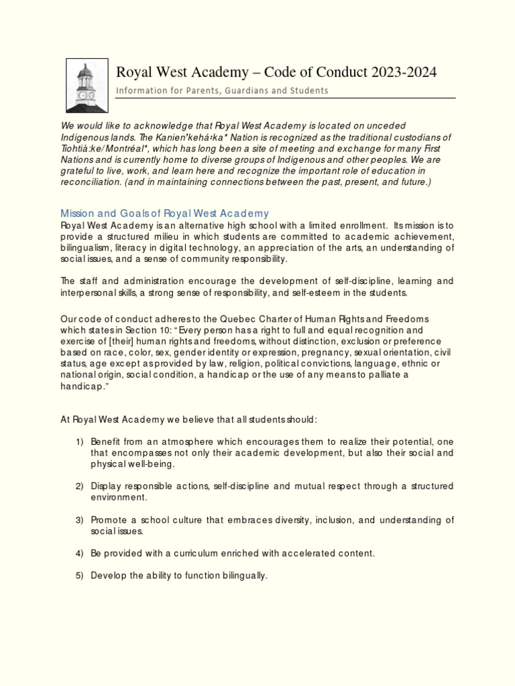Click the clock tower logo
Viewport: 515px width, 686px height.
click(85, 85)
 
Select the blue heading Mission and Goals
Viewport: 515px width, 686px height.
click(165, 214)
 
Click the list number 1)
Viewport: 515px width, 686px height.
click(79, 442)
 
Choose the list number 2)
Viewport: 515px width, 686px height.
click(79, 486)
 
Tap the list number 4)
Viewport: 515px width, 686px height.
click(79, 553)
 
